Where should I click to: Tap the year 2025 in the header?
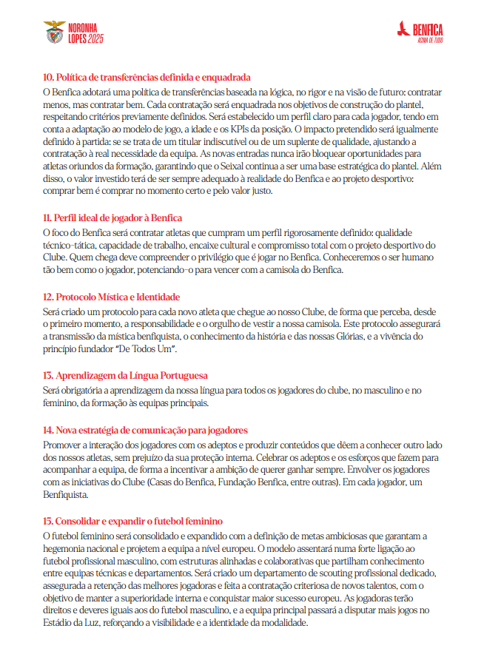click(93, 37)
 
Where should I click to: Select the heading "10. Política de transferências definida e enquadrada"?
click(147, 77)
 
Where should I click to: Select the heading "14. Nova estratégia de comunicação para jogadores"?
click(144, 430)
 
